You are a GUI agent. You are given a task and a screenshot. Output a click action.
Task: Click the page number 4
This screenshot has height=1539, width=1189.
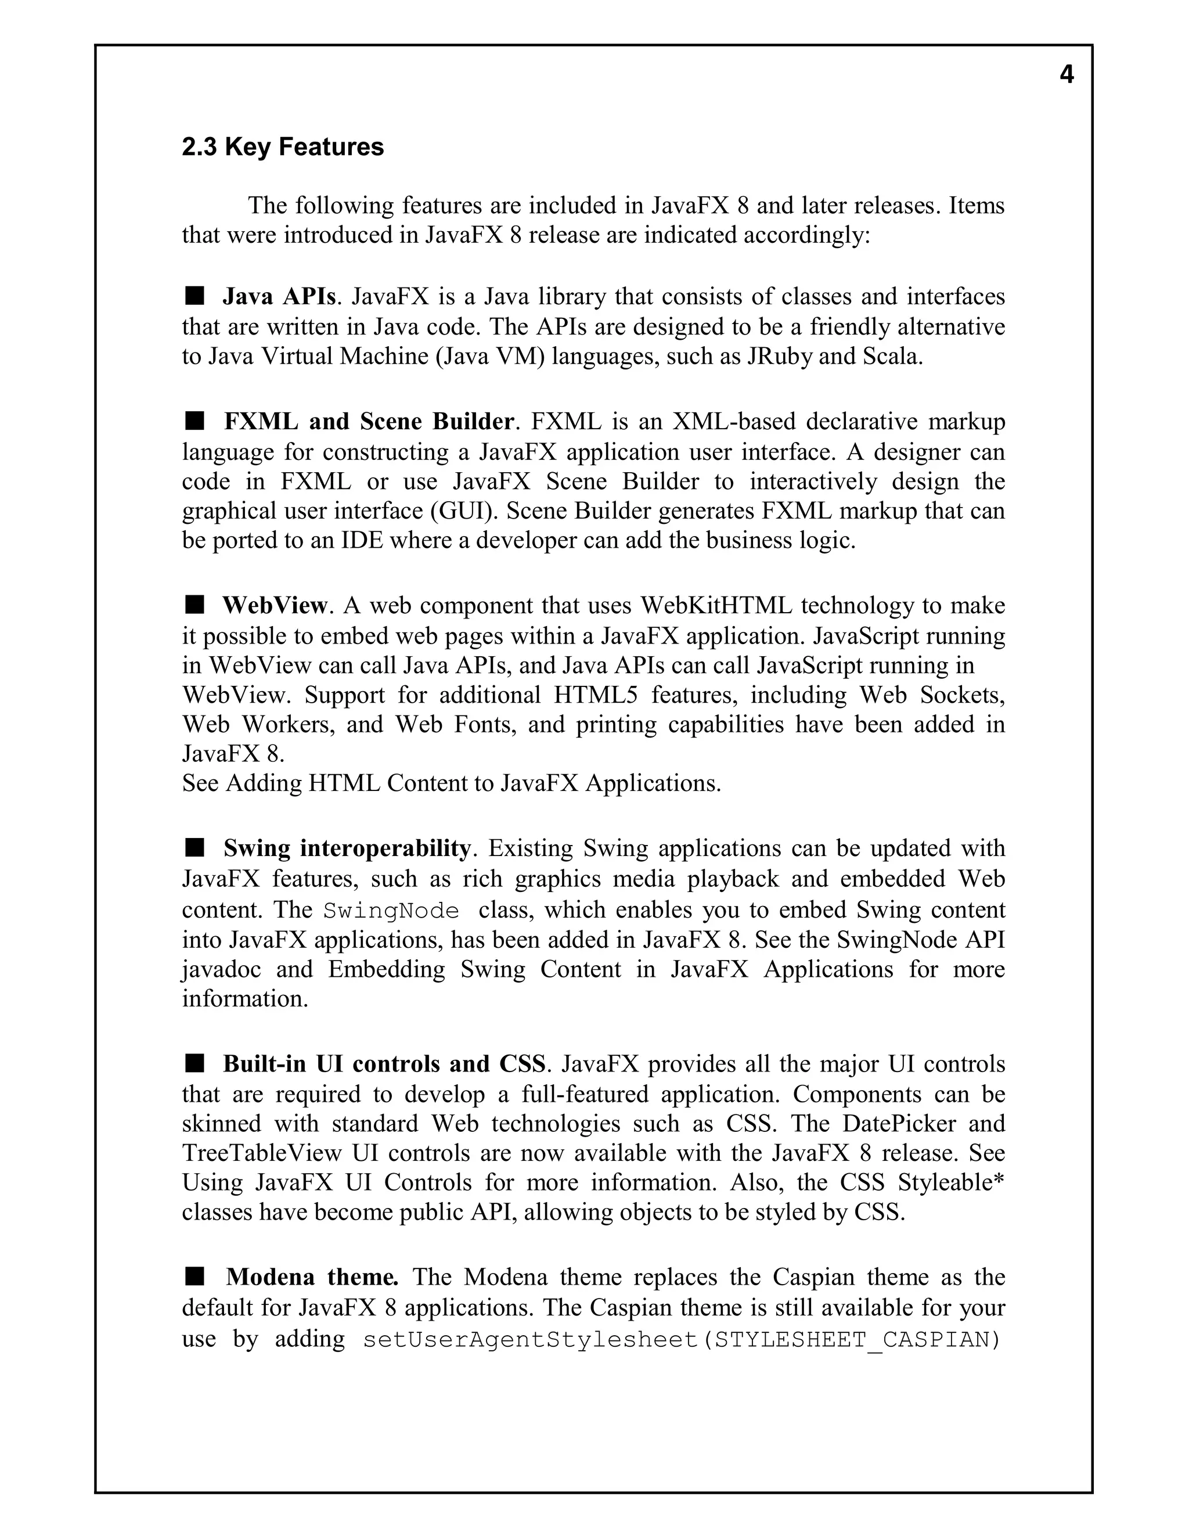[x=1067, y=75]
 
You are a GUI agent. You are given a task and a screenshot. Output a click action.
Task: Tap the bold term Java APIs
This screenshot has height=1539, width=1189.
[x=279, y=297]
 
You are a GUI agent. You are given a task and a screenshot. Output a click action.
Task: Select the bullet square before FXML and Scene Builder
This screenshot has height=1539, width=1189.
[x=194, y=422]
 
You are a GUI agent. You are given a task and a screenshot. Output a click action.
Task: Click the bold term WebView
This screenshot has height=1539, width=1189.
[x=275, y=605]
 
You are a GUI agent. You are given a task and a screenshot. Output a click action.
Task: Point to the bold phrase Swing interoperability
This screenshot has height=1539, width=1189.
[x=347, y=848]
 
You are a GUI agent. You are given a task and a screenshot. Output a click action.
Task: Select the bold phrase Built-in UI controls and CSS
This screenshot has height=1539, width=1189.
[x=384, y=1064]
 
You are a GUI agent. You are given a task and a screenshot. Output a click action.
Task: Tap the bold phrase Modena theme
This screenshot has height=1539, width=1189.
[x=312, y=1277]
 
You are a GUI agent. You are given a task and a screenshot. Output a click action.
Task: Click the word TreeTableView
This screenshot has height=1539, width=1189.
[x=262, y=1153]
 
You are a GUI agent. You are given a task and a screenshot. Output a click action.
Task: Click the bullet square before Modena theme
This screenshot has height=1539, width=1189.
[x=194, y=1276]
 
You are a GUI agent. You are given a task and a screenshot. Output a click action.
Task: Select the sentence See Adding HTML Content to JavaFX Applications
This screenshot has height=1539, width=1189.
[x=452, y=783]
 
